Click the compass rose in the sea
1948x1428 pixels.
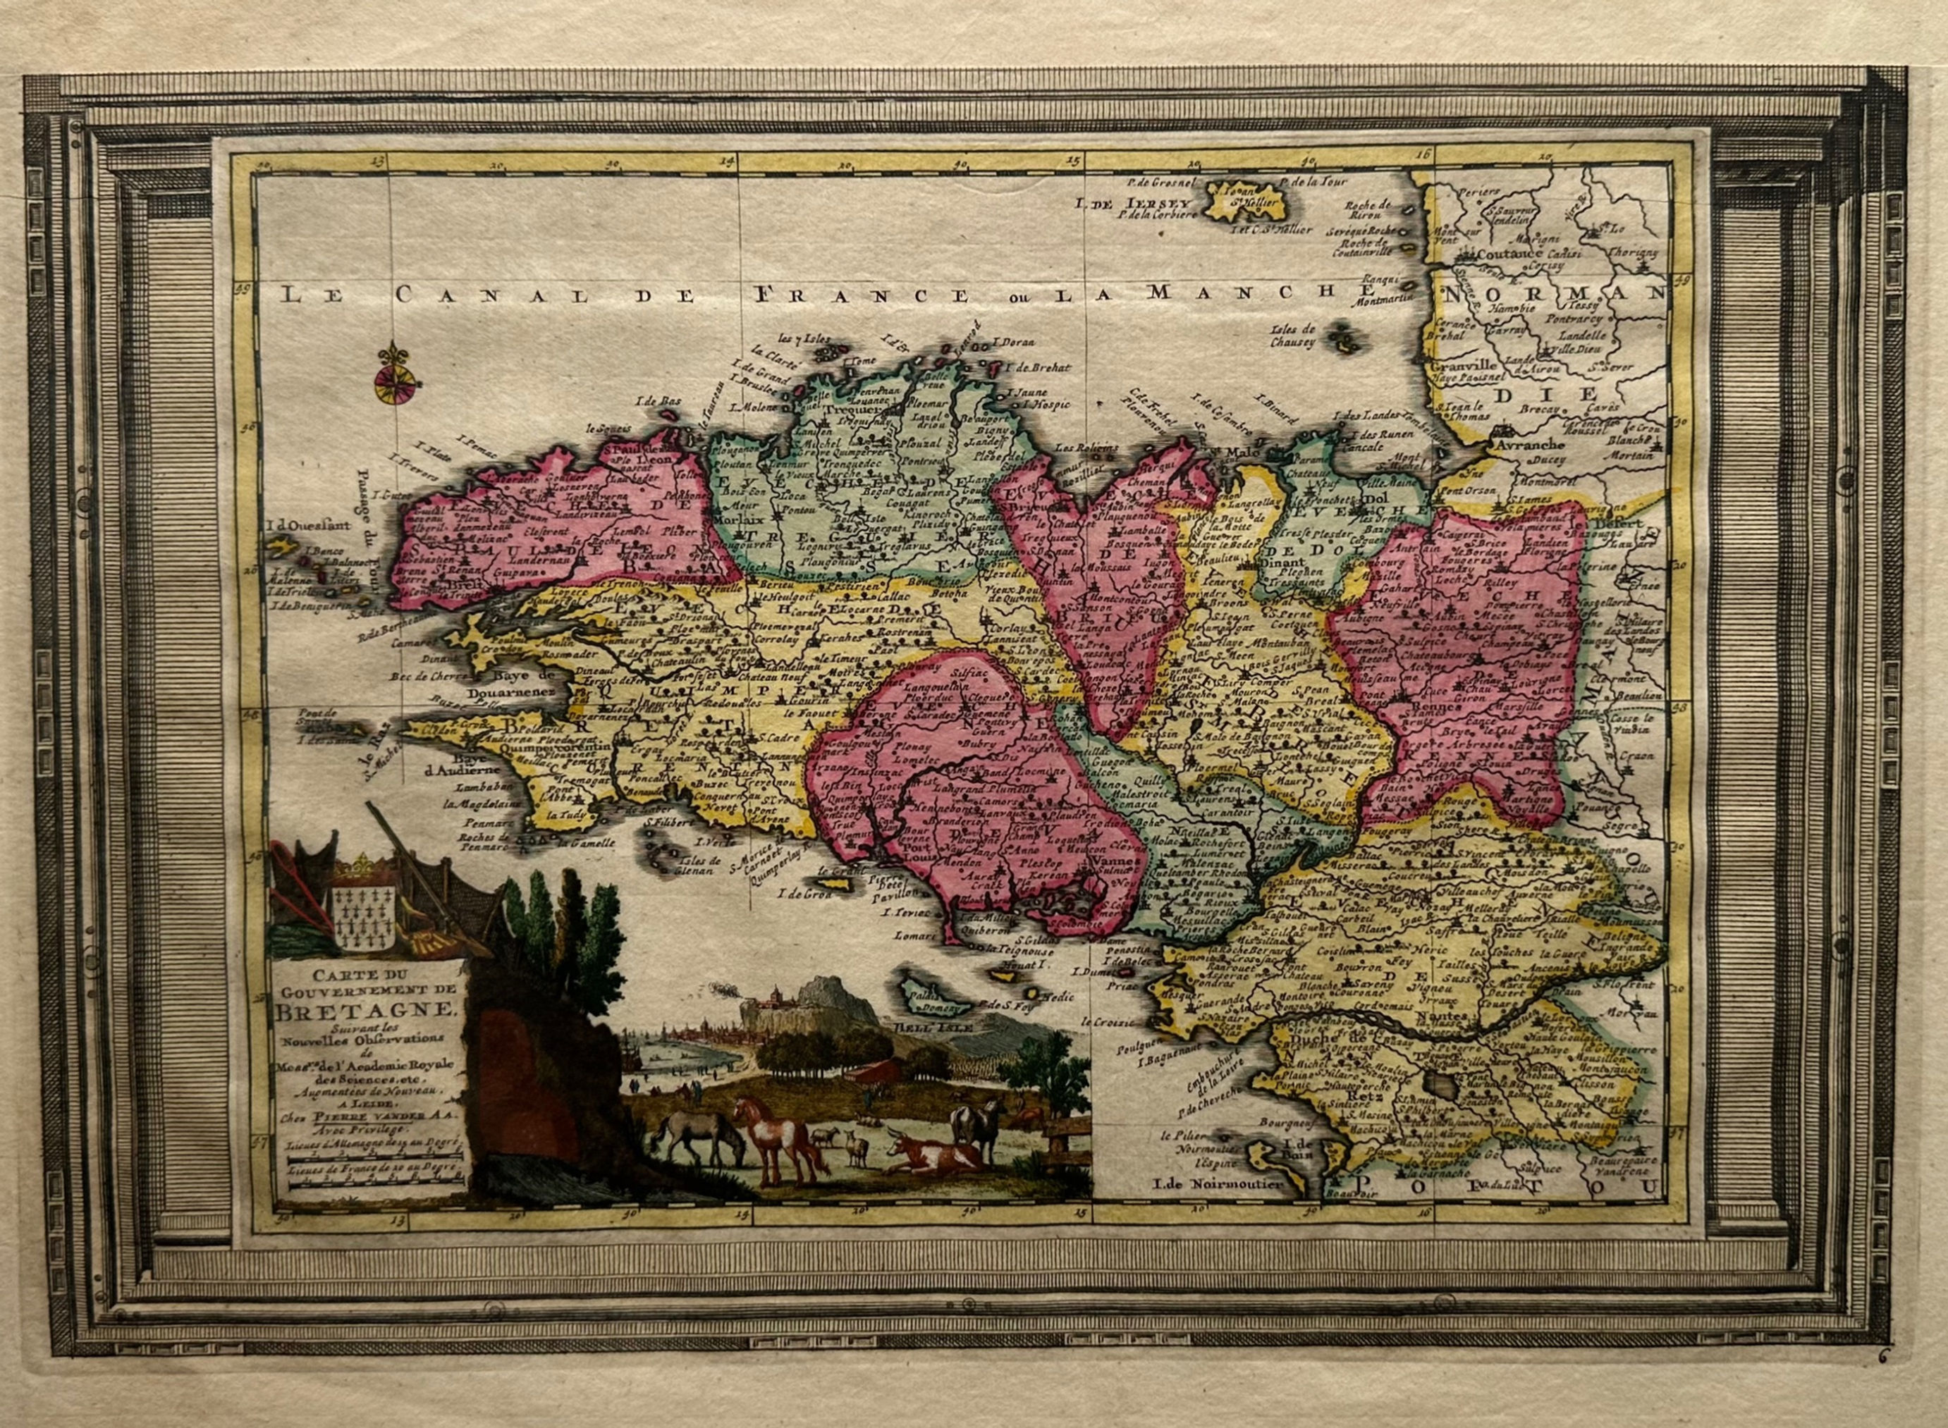click(393, 377)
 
